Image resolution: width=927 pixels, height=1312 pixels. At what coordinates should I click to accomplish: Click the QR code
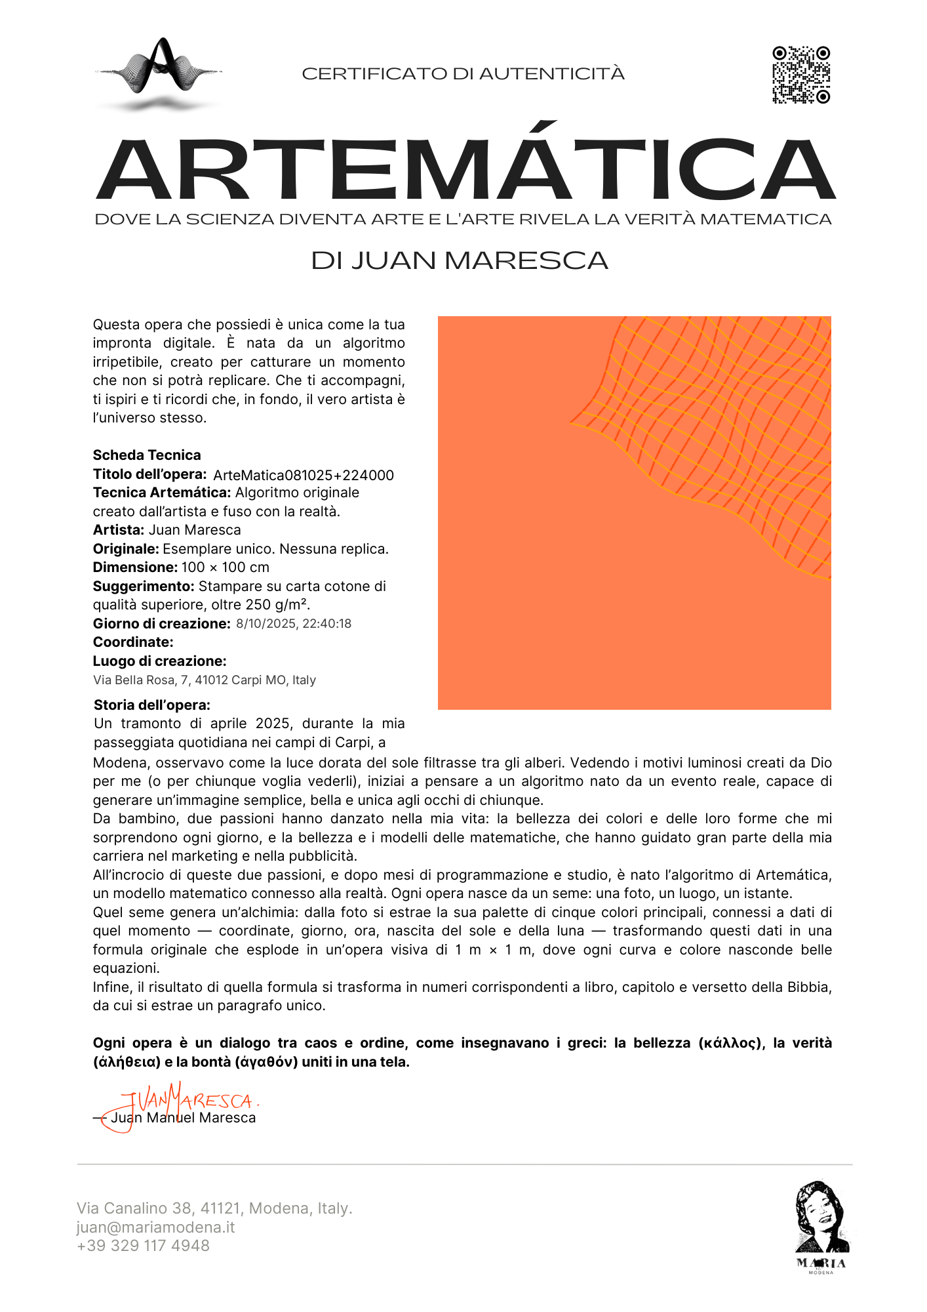[801, 75]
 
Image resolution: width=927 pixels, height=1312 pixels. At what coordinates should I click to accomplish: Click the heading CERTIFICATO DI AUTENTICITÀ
[463, 73]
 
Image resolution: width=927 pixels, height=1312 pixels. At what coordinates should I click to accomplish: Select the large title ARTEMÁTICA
[465, 169]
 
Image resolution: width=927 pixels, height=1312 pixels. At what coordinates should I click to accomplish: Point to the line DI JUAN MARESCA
[460, 260]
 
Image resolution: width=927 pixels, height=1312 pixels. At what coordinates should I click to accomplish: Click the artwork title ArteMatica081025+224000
[304, 475]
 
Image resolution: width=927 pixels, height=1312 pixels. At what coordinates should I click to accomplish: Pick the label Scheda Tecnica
[147, 455]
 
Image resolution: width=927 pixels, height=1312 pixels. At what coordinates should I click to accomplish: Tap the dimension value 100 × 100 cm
[226, 567]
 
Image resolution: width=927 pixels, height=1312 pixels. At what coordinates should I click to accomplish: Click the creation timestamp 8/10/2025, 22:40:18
[294, 623]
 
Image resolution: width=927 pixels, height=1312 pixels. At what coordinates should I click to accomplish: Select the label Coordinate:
[133, 642]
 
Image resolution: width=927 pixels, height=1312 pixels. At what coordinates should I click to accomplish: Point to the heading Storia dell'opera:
[152, 705]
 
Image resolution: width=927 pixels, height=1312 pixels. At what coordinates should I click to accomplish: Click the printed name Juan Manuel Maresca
[184, 1118]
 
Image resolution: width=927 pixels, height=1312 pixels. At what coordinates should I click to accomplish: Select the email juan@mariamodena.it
[155, 1227]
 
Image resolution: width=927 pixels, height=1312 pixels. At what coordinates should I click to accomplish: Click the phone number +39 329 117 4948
[143, 1246]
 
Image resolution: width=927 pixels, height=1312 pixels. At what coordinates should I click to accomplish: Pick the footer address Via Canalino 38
[214, 1208]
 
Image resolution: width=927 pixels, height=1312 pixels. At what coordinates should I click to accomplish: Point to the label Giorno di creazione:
[161, 624]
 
